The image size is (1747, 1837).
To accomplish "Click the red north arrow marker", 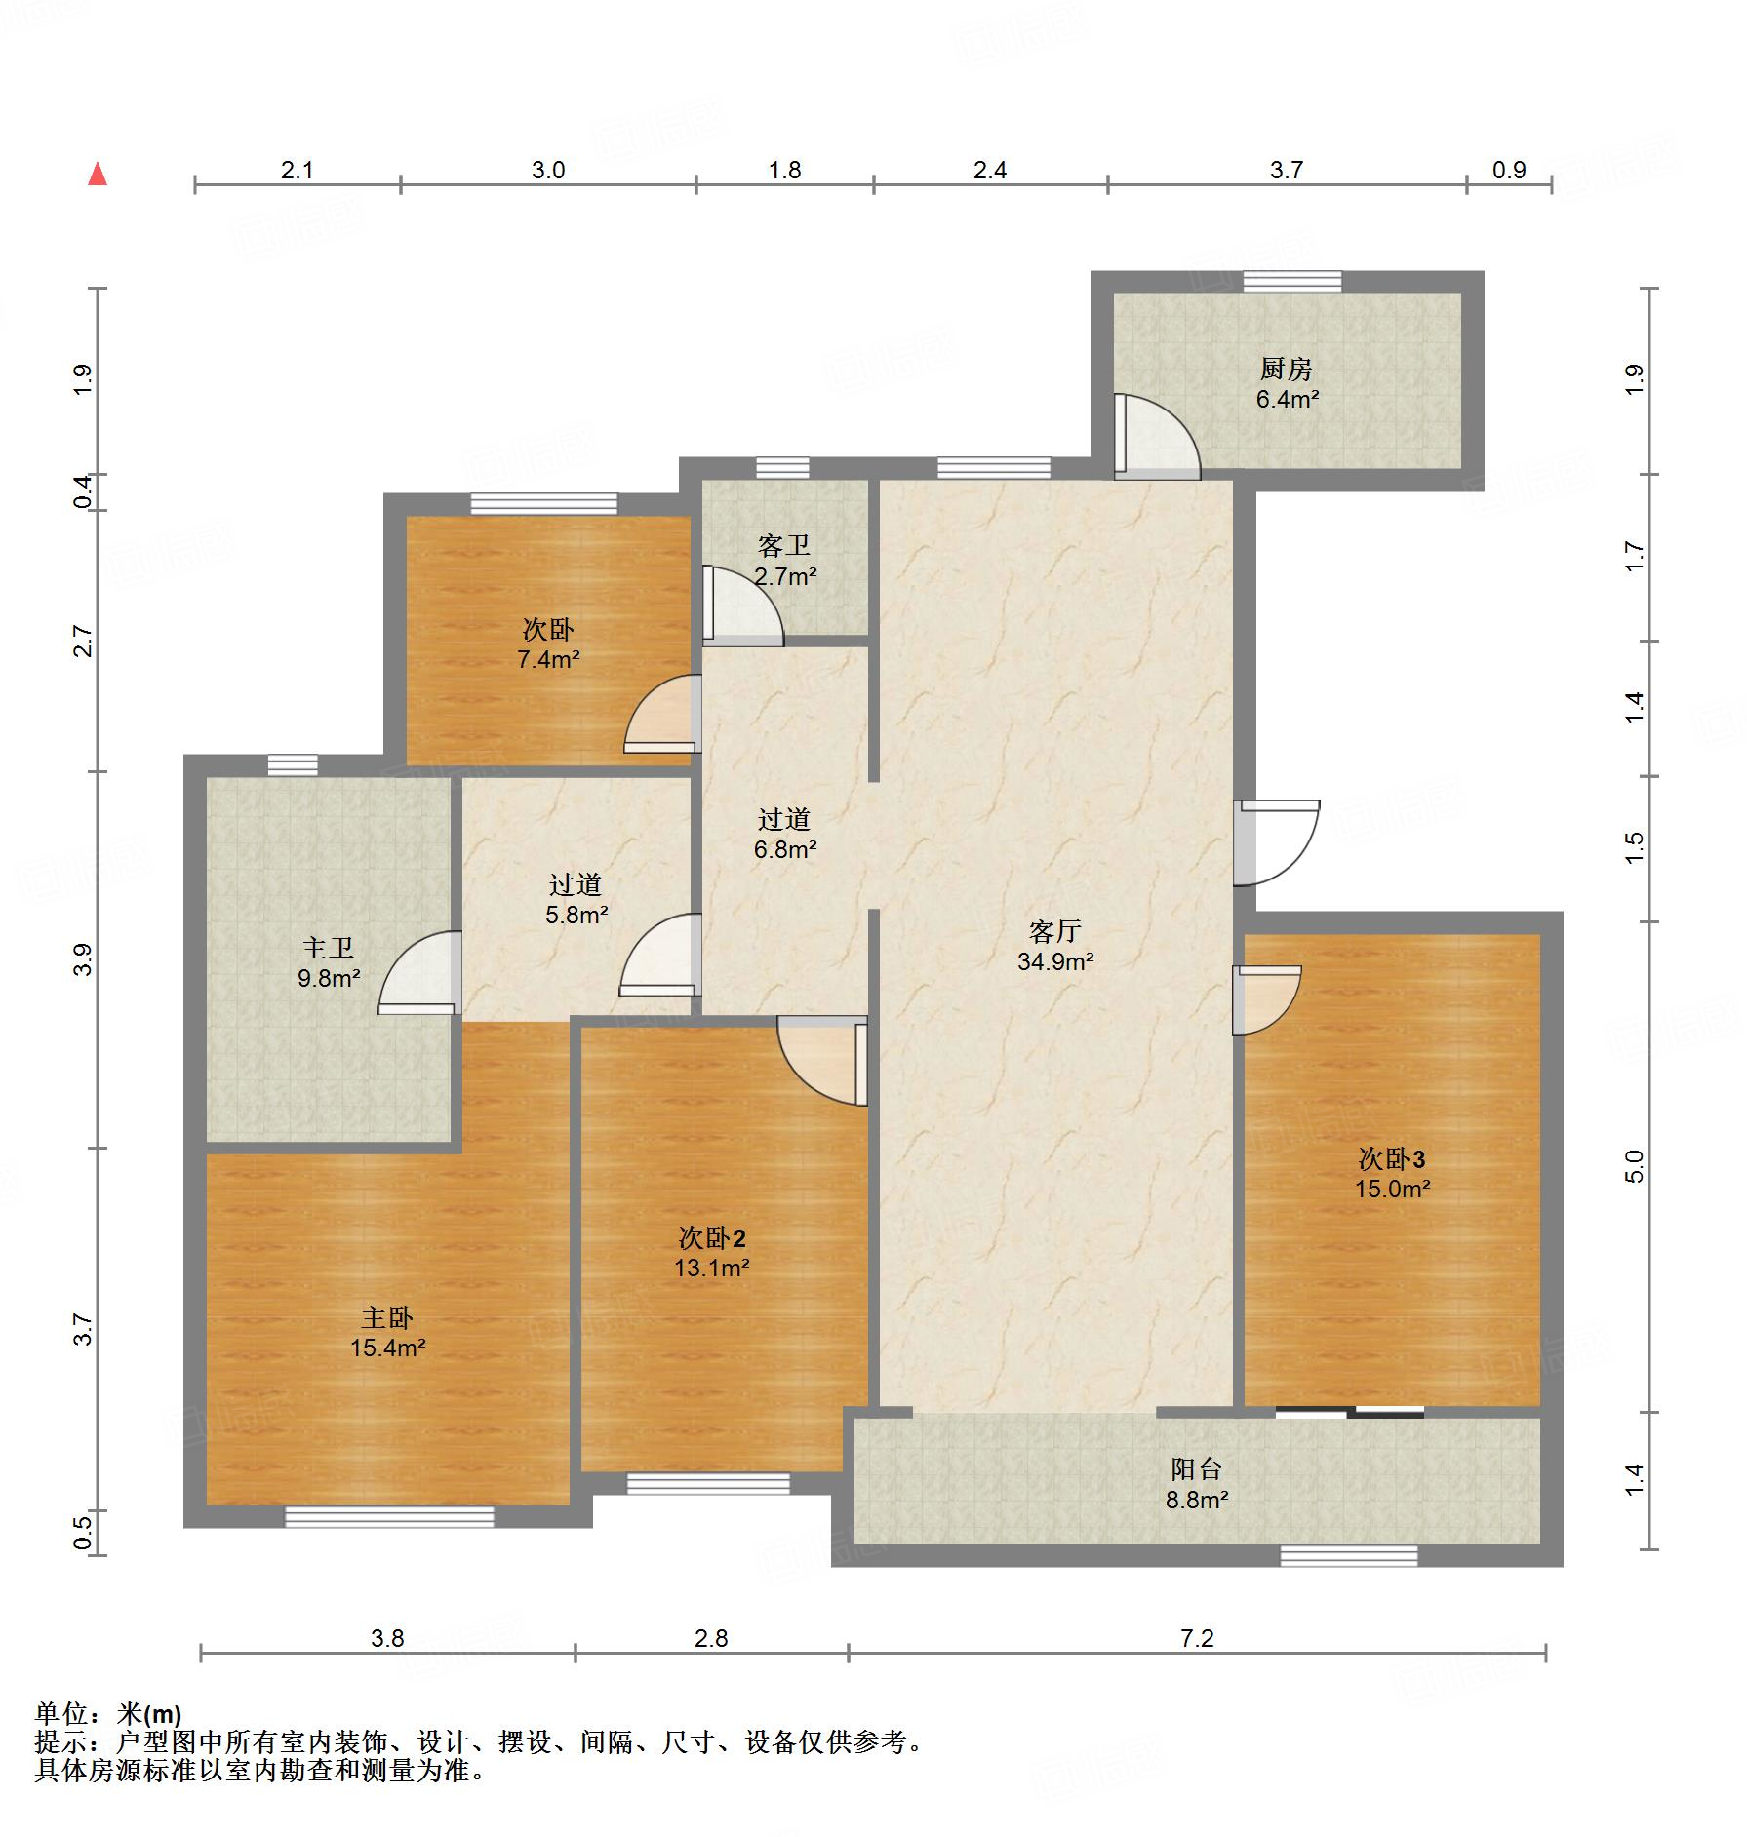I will (97, 175).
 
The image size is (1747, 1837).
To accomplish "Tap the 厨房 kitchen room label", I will (1286, 370).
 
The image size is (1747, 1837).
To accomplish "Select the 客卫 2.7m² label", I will (784, 561).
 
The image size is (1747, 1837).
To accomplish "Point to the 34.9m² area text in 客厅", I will (1054, 961).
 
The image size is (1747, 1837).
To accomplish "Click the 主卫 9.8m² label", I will (328, 962).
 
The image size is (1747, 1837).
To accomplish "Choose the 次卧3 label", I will (1391, 1158).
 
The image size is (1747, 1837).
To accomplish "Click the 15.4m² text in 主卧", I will (387, 1348).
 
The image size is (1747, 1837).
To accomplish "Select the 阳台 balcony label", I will (1196, 1469).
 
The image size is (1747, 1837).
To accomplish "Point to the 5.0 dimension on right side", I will (1635, 1166).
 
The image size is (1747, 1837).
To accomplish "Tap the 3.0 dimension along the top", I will (547, 171).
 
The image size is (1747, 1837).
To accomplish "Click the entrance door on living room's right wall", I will (1275, 842).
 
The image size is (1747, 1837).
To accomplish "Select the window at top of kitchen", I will (1291, 282).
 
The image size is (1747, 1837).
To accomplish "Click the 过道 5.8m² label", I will (576, 899).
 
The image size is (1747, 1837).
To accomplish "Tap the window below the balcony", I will (1348, 1555).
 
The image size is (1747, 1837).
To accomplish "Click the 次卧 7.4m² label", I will (548, 644).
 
